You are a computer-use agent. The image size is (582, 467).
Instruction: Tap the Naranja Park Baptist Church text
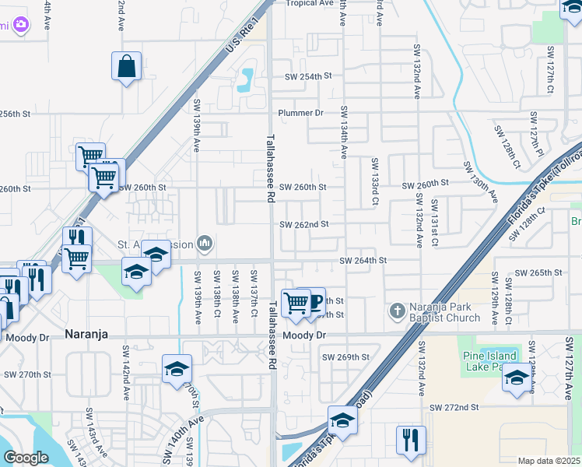point(446,312)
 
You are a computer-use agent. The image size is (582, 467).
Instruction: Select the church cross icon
point(397,311)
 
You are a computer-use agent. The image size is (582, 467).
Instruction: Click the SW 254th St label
point(308,76)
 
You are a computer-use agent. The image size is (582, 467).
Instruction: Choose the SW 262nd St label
point(305,224)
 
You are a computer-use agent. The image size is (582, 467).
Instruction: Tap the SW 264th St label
point(363,261)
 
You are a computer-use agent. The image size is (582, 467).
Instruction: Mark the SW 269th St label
point(345,357)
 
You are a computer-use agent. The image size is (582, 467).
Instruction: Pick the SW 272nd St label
point(454,407)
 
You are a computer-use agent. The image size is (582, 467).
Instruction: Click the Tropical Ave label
point(309,3)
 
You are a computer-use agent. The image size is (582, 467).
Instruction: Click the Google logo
point(26,458)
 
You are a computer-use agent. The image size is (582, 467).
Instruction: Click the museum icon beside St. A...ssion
point(205,244)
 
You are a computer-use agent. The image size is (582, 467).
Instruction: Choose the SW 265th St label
point(538,272)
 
